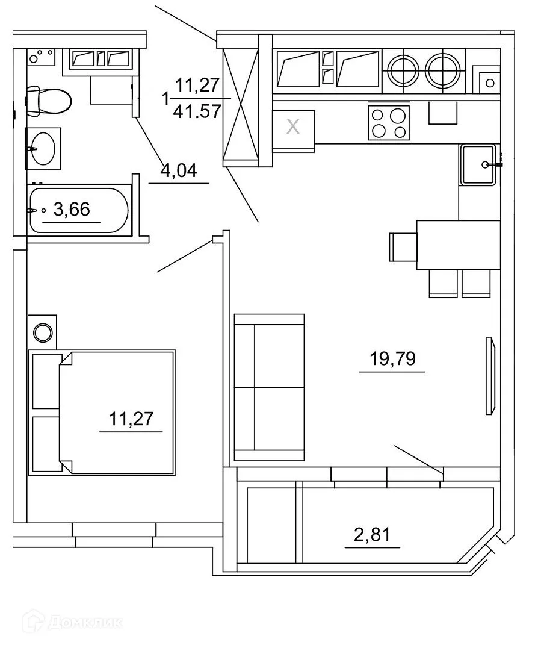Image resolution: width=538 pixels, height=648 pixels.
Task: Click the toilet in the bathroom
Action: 49,101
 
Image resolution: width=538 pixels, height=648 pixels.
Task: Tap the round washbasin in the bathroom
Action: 43,147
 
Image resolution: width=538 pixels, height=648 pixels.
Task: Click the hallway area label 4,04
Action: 179,172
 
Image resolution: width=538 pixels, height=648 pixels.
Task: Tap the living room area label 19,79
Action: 392,360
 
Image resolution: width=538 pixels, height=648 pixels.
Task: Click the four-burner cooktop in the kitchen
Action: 389,122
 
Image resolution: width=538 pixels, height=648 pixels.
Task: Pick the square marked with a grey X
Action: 293,127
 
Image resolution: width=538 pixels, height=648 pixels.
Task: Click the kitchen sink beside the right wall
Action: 478,164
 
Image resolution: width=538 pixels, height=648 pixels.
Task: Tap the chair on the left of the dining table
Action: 402,246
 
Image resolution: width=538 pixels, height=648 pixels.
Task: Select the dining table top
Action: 459,245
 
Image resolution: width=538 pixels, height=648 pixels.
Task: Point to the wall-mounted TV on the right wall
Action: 490,376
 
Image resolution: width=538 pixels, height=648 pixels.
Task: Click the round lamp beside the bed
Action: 43,332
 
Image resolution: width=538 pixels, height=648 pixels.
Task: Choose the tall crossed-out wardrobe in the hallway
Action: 240,101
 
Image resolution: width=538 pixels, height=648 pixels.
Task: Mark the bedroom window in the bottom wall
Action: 114,534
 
